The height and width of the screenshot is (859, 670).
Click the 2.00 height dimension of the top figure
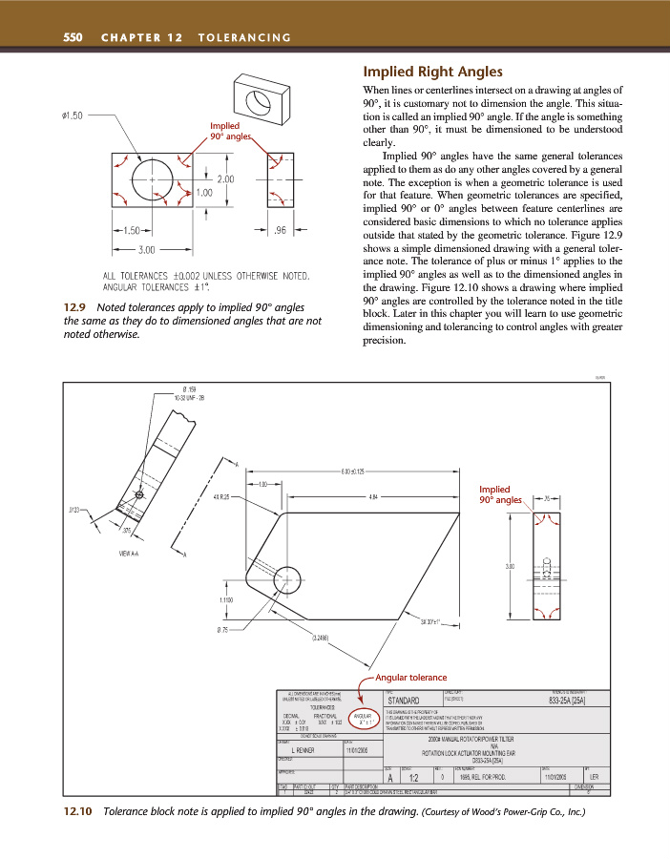[227, 178]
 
